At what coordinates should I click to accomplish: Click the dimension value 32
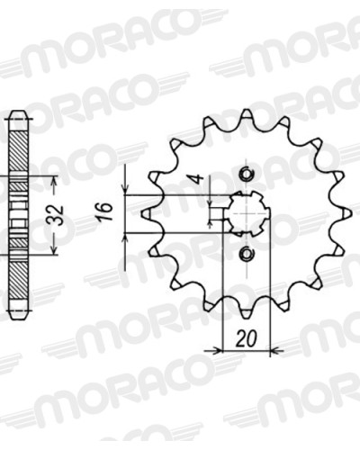click(58, 215)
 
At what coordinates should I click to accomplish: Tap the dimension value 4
click(197, 179)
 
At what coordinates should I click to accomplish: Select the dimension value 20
click(247, 338)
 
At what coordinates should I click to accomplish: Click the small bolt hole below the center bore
click(247, 254)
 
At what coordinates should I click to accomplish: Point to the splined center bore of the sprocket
click(247, 213)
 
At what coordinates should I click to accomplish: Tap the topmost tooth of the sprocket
click(247, 115)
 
